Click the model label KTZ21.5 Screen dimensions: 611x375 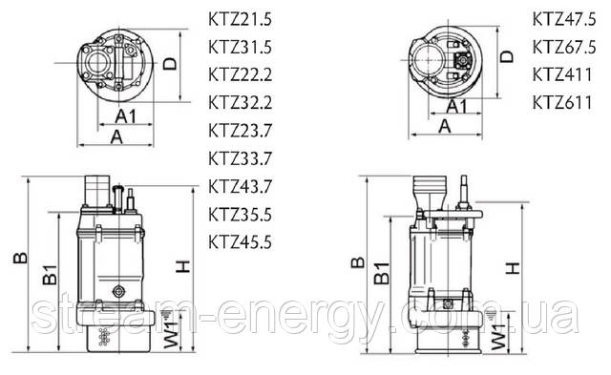(240, 19)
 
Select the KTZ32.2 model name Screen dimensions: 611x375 (240, 103)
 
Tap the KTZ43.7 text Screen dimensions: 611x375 (240, 186)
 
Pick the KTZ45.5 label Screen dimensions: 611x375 (240, 242)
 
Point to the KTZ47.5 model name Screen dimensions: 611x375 (564, 19)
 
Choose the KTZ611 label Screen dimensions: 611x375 (562, 103)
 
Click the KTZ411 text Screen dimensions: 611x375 (562, 74)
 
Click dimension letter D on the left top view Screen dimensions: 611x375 (170, 64)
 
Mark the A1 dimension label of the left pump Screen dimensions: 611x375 (126, 116)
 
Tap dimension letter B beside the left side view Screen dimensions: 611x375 (20, 258)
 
